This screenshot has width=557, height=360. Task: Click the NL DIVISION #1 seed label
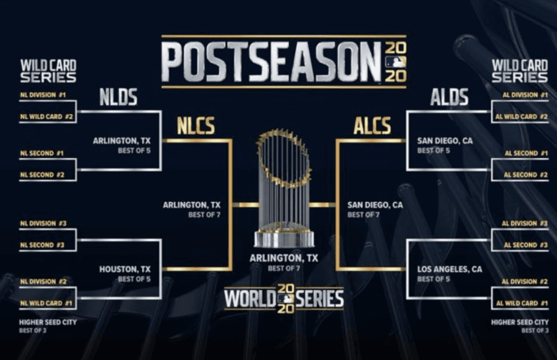[x=43, y=95]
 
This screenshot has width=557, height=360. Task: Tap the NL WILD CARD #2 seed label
[x=47, y=116]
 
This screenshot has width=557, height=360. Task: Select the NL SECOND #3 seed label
[x=42, y=245]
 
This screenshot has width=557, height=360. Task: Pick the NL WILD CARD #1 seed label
[x=46, y=303]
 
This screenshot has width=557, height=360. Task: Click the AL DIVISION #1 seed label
[x=525, y=95]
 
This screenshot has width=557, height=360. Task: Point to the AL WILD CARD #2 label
[x=522, y=116]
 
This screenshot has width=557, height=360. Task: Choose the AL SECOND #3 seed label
[x=526, y=245]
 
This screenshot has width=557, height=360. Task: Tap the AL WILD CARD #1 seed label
[x=522, y=303]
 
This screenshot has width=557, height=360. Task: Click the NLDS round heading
[x=118, y=97]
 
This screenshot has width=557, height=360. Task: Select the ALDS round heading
[x=449, y=97]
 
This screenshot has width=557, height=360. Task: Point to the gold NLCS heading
[x=196, y=126]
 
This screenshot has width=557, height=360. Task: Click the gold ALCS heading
[x=372, y=126]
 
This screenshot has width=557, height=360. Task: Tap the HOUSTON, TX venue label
[x=125, y=269]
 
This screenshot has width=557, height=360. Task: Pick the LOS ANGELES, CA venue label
[x=450, y=269]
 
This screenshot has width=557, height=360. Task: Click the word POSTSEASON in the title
[x=271, y=62]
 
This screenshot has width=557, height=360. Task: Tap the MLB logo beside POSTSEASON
[x=396, y=63]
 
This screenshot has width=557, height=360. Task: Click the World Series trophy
[x=284, y=188]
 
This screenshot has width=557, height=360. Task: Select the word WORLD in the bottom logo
[x=250, y=299]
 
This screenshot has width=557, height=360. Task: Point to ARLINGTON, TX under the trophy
[x=284, y=258]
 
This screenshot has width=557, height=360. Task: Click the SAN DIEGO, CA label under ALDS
[x=445, y=141]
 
